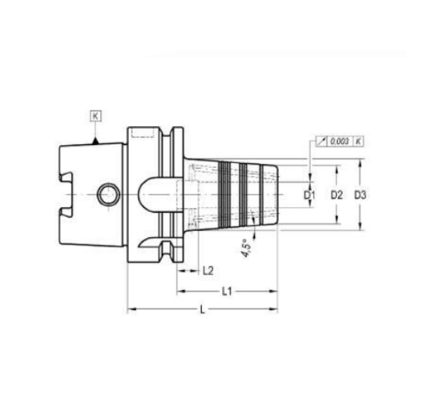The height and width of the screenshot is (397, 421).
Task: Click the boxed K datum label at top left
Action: pos(95,116)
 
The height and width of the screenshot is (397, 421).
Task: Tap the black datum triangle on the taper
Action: pos(95,141)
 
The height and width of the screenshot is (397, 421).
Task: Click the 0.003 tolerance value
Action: pos(340,141)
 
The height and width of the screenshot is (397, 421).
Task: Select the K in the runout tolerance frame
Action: pos(358,141)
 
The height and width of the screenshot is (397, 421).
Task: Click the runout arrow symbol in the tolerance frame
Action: pos(322,141)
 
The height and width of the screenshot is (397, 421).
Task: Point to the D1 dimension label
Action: pos(310,195)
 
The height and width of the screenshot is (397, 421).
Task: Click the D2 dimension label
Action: pos(336,195)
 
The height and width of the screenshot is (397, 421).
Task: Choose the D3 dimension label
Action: pos(360,195)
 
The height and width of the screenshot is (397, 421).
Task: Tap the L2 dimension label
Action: pos(208,271)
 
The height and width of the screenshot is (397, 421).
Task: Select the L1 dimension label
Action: pos(227,291)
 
